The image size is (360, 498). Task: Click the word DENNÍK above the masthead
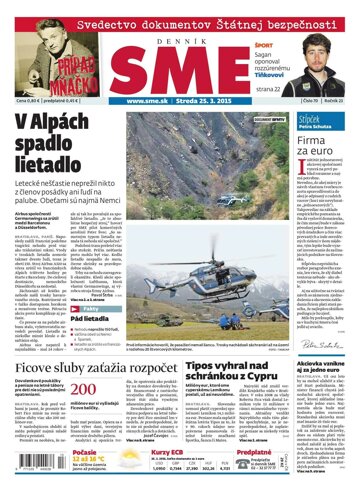pos(179,32)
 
